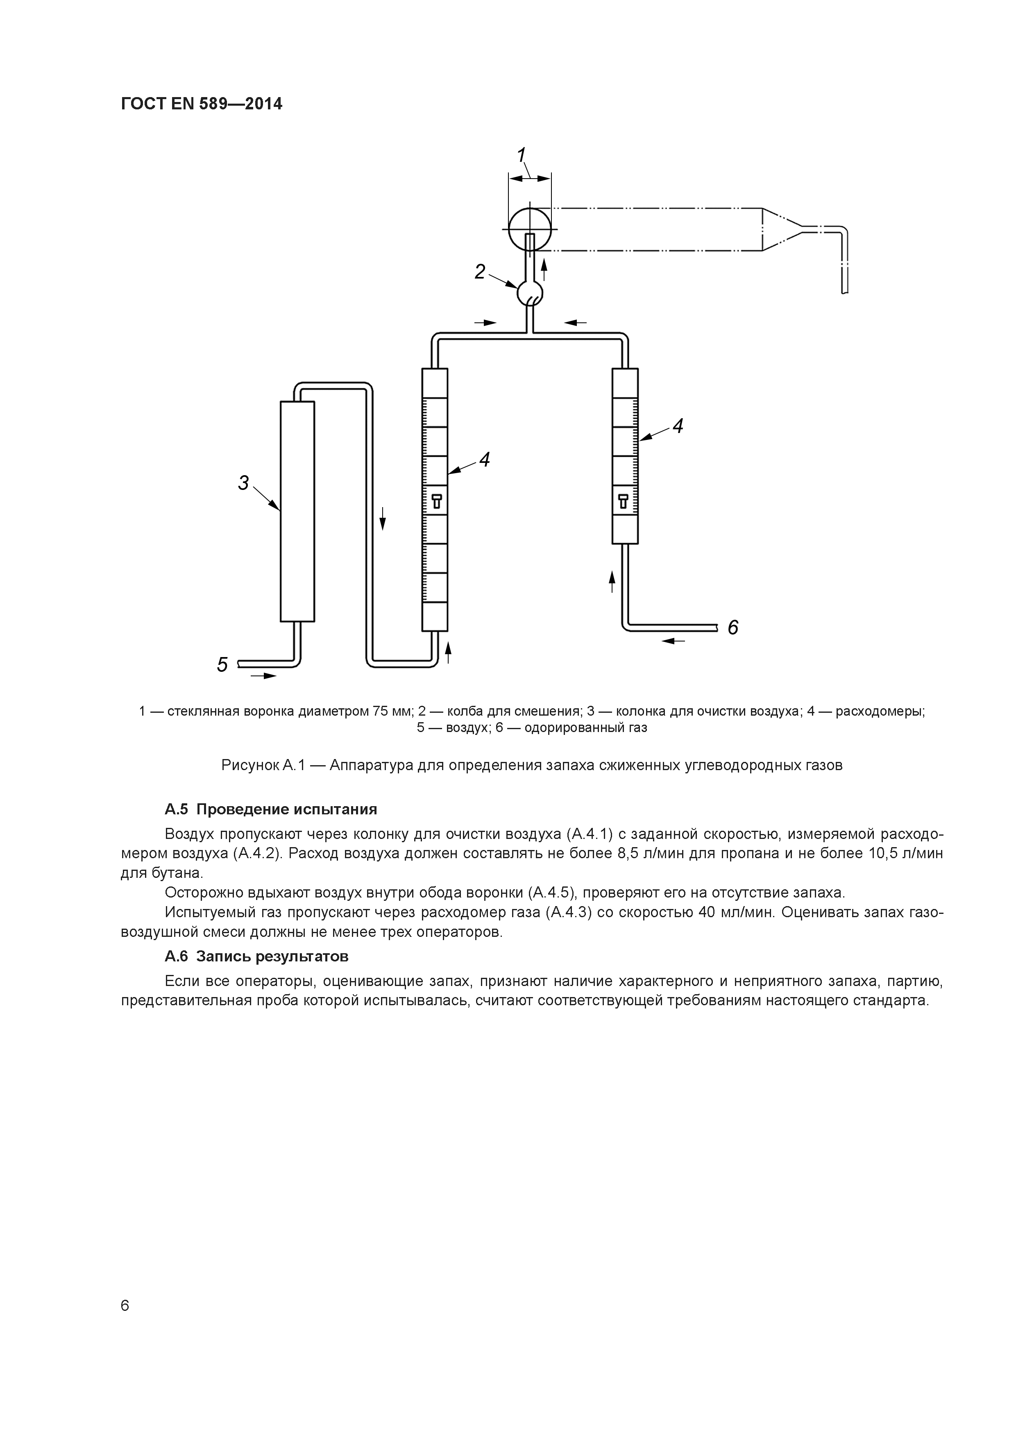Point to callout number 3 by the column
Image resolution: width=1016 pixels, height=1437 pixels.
point(243,483)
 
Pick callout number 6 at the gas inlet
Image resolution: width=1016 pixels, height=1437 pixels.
point(733,627)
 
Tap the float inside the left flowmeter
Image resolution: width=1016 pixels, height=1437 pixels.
point(436,501)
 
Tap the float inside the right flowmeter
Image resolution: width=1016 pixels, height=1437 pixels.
point(624,501)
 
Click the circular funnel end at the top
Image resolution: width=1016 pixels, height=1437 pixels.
point(530,229)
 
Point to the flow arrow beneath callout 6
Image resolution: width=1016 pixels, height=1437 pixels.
point(673,641)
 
